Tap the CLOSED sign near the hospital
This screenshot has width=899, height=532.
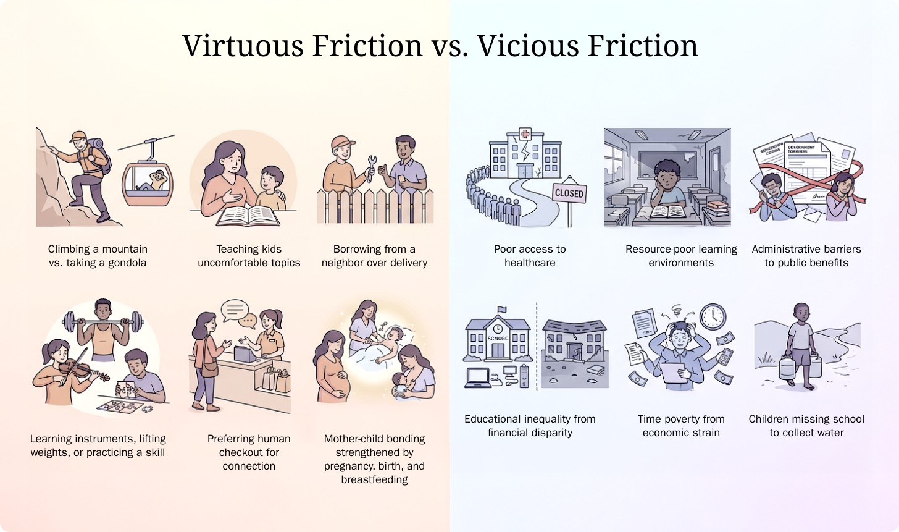pos(569,193)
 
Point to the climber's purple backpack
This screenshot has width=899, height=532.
pos(101,156)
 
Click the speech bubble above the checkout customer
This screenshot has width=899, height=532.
pos(235,310)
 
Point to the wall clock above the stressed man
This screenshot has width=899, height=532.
pos(713,316)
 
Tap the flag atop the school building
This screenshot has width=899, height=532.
pos(501,310)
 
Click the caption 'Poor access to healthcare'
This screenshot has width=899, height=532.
pos(530,256)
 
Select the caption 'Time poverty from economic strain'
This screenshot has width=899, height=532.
pos(681,426)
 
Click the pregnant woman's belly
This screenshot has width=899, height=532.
pos(339,389)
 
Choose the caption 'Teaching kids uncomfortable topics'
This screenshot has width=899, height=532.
pos(249,256)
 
